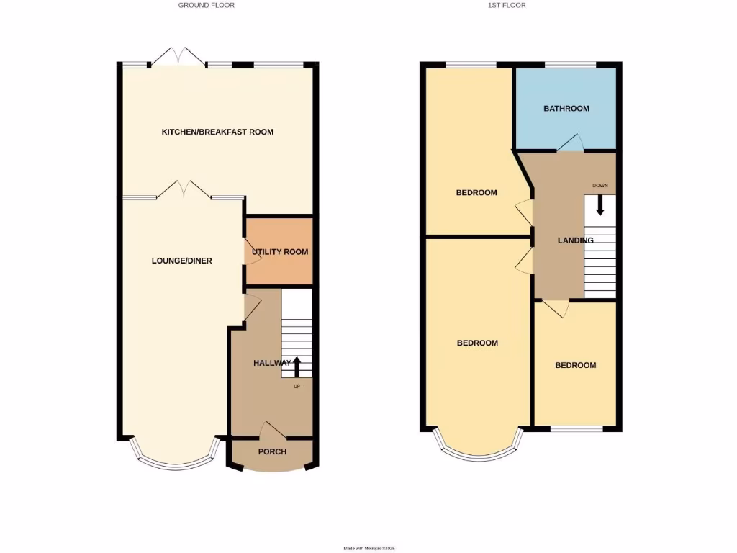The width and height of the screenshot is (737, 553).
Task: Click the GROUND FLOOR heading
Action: pyautogui.click(x=207, y=5)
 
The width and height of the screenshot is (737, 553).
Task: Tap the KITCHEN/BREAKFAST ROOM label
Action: pyautogui.click(x=217, y=132)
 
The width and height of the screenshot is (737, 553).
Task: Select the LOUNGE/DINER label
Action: pyautogui.click(x=181, y=261)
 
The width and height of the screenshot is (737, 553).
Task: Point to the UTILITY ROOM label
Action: pyautogui.click(x=280, y=252)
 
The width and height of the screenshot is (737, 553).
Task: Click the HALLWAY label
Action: pyautogui.click(x=272, y=363)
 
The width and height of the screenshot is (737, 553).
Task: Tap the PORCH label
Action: pyautogui.click(x=272, y=451)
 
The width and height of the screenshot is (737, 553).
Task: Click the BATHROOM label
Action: pyautogui.click(x=566, y=109)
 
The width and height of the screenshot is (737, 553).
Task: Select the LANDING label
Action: pyautogui.click(x=576, y=240)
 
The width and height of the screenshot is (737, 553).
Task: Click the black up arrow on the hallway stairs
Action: pyautogui.click(x=296, y=366)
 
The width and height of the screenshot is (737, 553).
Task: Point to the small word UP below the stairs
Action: pyautogui.click(x=296, y=387)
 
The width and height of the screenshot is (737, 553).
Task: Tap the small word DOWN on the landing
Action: pyautogui.click(x=600, y=186)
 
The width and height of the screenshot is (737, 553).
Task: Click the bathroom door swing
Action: pyautogui.click(x=571, y=143)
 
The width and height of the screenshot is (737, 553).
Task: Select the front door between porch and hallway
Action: pyautogui.click(x=272, y=430)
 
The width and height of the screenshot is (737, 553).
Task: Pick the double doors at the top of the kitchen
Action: pyautogui.click(x=179, y=57)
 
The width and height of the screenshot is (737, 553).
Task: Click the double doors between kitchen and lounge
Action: pyautogui.click(x=184, y=190)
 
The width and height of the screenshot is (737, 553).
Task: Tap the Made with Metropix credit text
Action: pyautogui.click(x=368, y=548)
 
